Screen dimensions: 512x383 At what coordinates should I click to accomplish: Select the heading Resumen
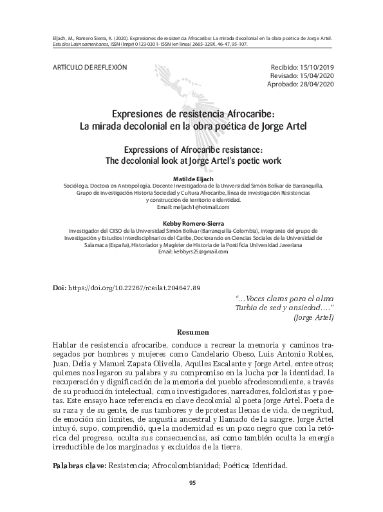click(192, 332)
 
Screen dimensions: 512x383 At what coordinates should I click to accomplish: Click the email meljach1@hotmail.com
click(192, 207)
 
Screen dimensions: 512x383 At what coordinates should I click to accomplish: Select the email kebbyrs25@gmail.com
click(192, 251)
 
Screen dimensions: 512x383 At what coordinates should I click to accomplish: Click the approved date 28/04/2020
click(315, 84)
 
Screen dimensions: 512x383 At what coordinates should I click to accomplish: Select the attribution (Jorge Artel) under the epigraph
click(313, 318)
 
